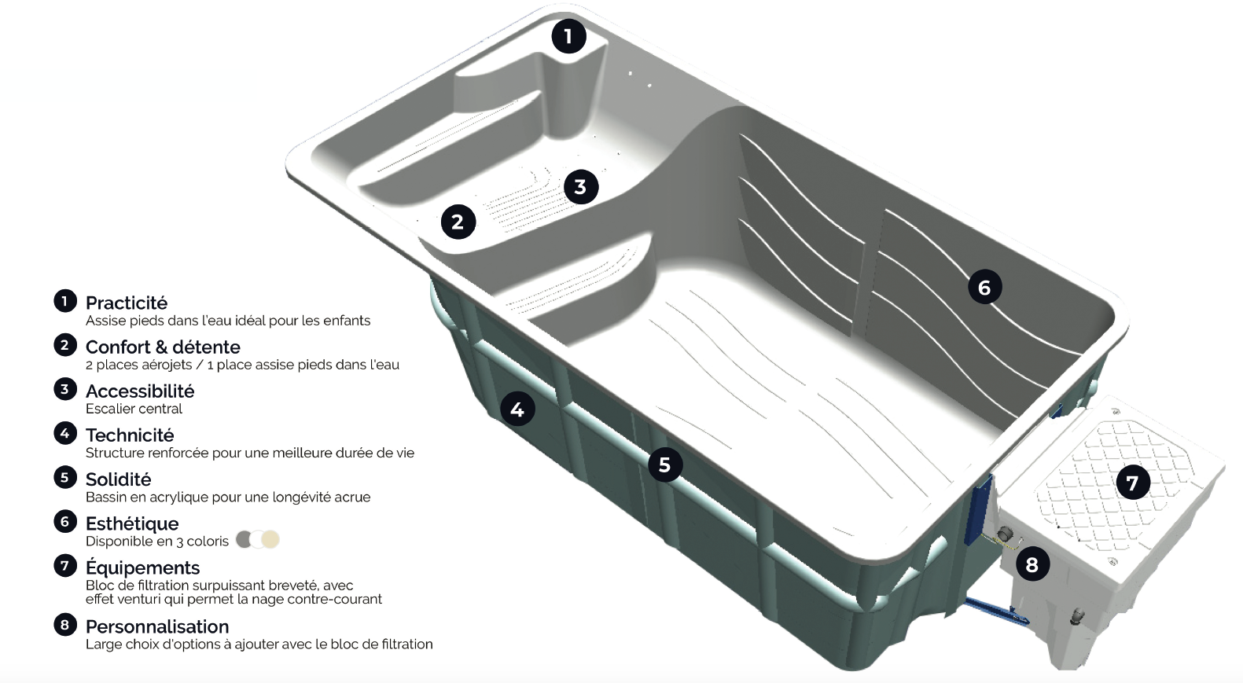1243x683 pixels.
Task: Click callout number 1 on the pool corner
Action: (x=568, y=35)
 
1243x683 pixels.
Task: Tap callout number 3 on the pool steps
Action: (x=580, y=187)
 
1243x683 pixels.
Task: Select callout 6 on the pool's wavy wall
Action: (x=984, y=288)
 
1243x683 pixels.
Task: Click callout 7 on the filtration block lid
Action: (x=1132, y=483)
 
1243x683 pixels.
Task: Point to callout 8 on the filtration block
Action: (x=1032, y=564)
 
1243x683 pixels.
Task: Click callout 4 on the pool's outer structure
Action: (x=517, y=409)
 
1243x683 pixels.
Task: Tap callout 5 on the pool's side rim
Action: (x=664, y=465)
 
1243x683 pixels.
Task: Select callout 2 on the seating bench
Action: (x=458, y=222)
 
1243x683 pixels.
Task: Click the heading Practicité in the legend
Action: (x=127, y=303)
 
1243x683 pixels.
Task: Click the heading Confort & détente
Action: (x=163, y=347)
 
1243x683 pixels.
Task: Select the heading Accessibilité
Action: (x=140, y=391)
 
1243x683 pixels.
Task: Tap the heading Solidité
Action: (x=118, y=479)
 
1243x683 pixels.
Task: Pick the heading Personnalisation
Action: (x=157, y=626)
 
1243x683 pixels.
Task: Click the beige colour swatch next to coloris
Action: (x=270, y=539)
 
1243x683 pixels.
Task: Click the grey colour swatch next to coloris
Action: (x=245, y=539)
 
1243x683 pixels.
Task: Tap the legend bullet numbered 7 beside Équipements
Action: (x=64, y=565)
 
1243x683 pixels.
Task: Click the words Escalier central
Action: (x=134, y=409)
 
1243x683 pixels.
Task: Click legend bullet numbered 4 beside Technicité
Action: (x=64, y=433)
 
